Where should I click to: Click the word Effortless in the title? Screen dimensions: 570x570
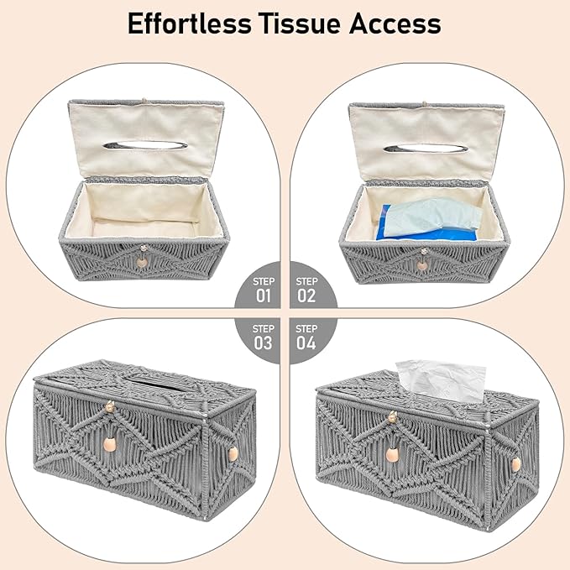point(190,24)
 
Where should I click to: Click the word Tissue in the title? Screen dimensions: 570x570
point(301,24)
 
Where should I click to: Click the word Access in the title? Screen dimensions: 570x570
point(395,24)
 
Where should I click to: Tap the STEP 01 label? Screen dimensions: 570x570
point(264,290)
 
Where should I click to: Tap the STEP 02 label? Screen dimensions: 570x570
point(306,290)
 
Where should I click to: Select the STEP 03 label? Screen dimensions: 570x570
point(264,337)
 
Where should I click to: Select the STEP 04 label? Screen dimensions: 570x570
point(306,337)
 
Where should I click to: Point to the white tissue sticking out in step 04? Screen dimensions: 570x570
point(441,380)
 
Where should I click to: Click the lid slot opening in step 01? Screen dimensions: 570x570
point(145,145)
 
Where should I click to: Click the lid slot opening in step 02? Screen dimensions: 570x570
point(426,149)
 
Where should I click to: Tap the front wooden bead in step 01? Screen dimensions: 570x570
point(141,262)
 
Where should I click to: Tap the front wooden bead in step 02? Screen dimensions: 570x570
point(422,266)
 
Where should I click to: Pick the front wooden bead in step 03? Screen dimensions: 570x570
point(110,444)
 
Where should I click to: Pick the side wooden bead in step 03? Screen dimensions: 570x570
point(233,454)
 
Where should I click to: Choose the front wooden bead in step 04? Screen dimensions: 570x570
point(392,455)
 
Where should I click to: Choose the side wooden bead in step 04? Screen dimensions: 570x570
point(515,464)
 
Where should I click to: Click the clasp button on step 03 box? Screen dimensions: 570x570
point(110,407)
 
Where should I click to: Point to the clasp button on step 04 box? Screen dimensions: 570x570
point(392,417)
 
